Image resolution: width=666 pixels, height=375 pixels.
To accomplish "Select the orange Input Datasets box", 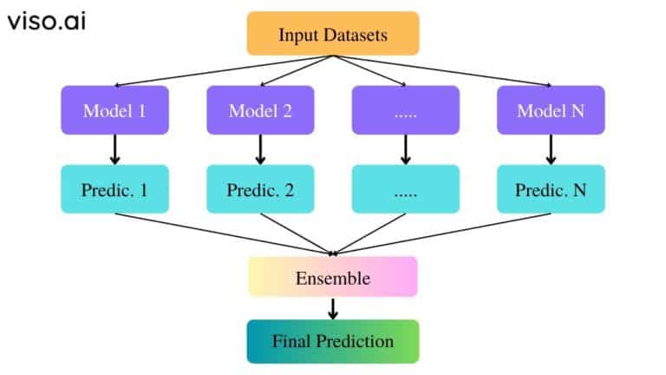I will click(333, 35).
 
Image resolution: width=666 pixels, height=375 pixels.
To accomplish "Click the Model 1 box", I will click(115, 110).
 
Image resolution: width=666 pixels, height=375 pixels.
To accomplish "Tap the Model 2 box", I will click(260, 110).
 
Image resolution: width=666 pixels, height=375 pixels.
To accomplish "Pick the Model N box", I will click(550, 110).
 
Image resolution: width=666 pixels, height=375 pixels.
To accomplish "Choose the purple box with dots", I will click(405, 110).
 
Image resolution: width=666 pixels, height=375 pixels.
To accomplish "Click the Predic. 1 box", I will click(115, 187).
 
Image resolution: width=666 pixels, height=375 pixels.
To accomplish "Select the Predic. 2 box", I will click(260, 187).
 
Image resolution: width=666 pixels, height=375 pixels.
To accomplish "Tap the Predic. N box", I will click(550, 187).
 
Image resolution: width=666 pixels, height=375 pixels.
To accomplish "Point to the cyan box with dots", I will click(405, 187).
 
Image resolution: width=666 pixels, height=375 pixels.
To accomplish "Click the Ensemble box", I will click(333, 278).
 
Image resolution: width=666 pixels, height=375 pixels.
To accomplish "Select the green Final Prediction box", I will click(333, 341).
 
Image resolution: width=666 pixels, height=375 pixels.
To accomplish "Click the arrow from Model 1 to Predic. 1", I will click(115, 149).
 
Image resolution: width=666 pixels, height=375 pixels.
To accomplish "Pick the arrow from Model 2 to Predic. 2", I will click(260, 149).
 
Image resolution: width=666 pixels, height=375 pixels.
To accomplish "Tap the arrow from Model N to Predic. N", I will click(550, 149).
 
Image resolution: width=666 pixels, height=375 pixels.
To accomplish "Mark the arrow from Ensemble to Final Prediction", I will click(333, 308).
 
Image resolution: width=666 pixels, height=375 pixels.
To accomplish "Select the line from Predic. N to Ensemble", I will click(442, 234).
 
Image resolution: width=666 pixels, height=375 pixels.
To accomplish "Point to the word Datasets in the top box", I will click(356, 36).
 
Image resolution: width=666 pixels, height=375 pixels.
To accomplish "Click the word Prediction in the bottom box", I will click(357, 341).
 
